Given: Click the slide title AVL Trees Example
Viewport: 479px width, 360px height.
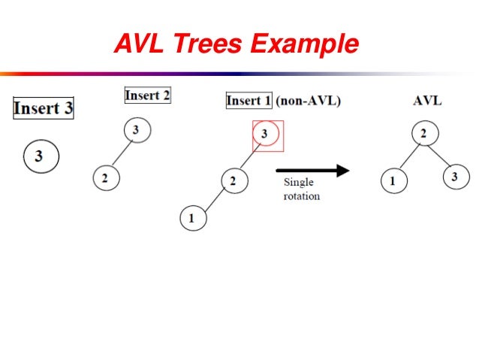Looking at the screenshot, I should [x=236, y=45].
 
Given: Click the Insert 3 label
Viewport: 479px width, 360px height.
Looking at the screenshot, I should [x=44, y=108].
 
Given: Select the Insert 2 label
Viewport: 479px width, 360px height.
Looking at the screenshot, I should [x=147, y=95].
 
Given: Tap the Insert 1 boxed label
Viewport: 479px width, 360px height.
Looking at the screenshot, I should [x=249, y=101].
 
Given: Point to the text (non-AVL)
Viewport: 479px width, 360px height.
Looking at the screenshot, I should [x=308, y=101].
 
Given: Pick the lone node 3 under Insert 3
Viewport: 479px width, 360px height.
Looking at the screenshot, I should [x=39, y=156].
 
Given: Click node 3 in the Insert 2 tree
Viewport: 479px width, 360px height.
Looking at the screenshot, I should [x=135, y=131].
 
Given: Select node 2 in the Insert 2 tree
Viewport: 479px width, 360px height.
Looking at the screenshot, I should [x=105, y=178].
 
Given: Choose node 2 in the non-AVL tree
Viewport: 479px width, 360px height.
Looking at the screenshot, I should [x=233, y=181].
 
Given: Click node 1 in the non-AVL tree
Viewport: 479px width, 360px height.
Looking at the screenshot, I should [x=192, y=219].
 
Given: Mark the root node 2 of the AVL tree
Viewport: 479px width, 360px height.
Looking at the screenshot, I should [x=423, y=135].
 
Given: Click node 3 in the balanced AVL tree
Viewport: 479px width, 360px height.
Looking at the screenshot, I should [x=455, y=177].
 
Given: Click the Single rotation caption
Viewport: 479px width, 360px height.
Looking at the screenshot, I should [x=301, y=189].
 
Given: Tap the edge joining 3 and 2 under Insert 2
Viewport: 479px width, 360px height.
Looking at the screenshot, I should [x=120, y=155].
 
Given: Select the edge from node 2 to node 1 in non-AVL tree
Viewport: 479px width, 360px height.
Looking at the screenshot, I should [x=212, y=200].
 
